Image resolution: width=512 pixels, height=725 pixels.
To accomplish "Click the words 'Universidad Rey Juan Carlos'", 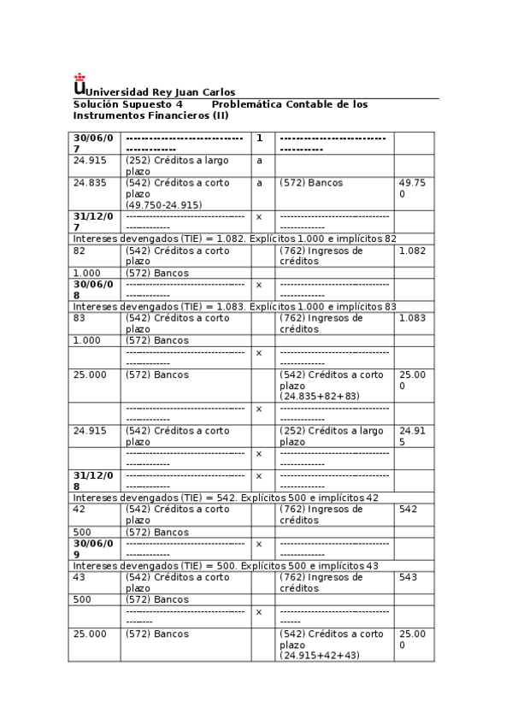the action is click(x=161, y=92).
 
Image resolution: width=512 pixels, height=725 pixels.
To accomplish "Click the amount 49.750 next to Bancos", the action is click(x=413, y=188).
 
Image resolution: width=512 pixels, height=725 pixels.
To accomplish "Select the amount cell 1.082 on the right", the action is click(x=413, y=251).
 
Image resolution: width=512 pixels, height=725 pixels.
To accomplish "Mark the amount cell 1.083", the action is click(x=413, y=318).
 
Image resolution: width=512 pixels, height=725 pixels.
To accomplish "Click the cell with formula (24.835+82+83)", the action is click(x=333, y=386).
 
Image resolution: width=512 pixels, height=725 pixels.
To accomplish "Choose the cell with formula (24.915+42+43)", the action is click(x=333, y=645).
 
